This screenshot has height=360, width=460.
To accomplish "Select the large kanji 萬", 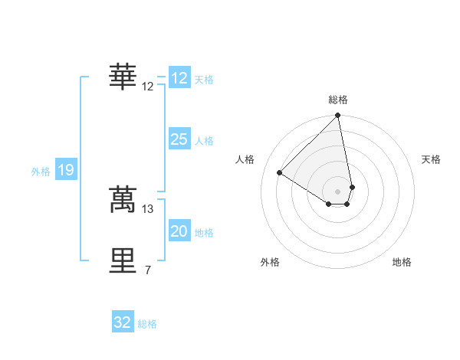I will pyautogui.click(x=123, y=198).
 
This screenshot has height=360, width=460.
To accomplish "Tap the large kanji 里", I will pyautogui.click(x=123, y=260).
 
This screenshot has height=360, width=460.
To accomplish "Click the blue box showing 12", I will pyautogui.click(x=179, y=78).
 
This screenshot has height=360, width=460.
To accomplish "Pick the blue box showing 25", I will pyautogui.click(x=179, y=139).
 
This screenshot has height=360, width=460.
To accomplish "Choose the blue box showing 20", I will pyautogui.click(x=179, y=231).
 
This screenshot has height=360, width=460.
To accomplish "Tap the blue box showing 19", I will pyautogui.click(x=66, y=170).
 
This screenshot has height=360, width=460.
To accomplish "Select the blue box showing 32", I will pyautogui.click(x=123, y=322).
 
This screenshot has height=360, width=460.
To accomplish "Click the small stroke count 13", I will pyautogui.click(x=148, y=208).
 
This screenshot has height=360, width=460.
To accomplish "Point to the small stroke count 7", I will pyautogui.click(x=148, y=270).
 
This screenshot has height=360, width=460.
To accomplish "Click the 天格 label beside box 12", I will pyautogui.click(x=204, y=80).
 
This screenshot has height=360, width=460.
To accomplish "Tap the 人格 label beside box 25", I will pyautogui.click(x=204, y=141).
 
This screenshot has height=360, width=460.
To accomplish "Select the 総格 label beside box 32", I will pyautogui.click(x=147, y=324).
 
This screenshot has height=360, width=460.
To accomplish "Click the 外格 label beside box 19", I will pyautogui.click(x=41, y=172).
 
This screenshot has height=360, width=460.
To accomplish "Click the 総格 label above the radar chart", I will pyautogui.click(x=338, y=100).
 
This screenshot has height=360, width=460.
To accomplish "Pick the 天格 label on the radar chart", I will pyautogui.click(x=431, y=159).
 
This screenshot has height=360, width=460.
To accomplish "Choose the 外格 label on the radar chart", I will pyautogui.click(x=270, y=262).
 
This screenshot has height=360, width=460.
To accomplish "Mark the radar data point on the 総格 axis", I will pyautogui.click(x=338, y=116).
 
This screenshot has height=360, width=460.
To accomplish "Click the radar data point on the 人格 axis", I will pyautogui.click(x=280, y=172).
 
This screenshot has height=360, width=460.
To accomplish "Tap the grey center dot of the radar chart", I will pyautogui.click(x=338, y=191).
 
